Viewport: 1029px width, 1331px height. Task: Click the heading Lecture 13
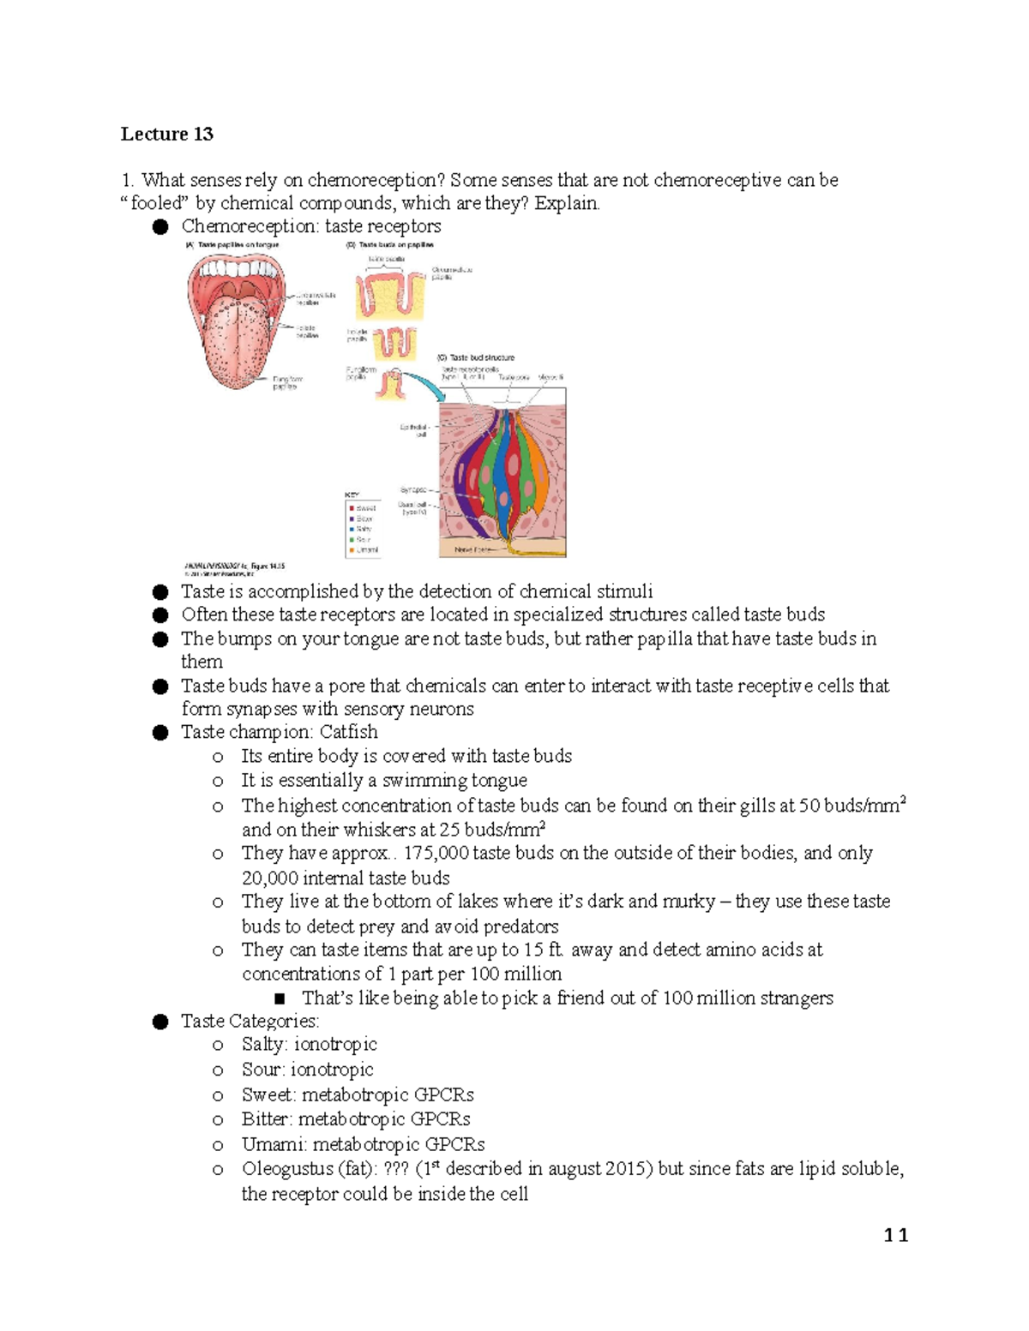[x=166, y=134]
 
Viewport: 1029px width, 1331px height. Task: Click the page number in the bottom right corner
[x=896, y=1235]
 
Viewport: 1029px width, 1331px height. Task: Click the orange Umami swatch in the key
[x=352, y=550]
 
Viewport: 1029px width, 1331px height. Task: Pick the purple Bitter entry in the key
[x=352, y=519]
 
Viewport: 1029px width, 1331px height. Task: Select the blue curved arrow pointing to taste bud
[x=429, y=384]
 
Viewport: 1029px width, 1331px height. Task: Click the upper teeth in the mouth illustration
[x=237, y=268]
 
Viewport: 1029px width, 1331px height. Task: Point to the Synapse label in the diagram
[x=413, y=490]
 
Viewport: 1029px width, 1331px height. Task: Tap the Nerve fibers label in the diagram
[x=472, y=549]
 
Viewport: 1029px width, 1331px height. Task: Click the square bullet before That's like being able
[x=279, y=998]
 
